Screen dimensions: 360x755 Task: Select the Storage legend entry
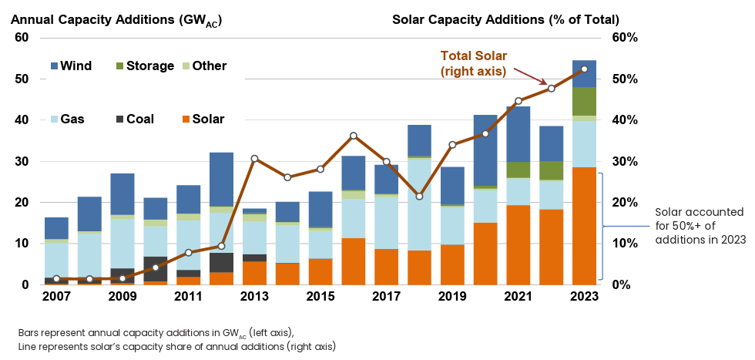click(x=143, y=66)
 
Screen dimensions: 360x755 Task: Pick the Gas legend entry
click(x=71, y=119)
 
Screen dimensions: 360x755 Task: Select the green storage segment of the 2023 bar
click(x=584, y=102)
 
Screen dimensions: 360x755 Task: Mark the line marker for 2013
click(x=255, y=159)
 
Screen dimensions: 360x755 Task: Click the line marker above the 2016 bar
click(x=354, y=136)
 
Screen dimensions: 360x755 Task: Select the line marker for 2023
click(x=584, y=69)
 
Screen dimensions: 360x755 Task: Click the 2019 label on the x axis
click(x=452, y=298)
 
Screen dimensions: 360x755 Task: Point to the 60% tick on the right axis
click(x=626, y=38)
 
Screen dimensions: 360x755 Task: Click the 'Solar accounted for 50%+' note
click(x=700, y=226)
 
